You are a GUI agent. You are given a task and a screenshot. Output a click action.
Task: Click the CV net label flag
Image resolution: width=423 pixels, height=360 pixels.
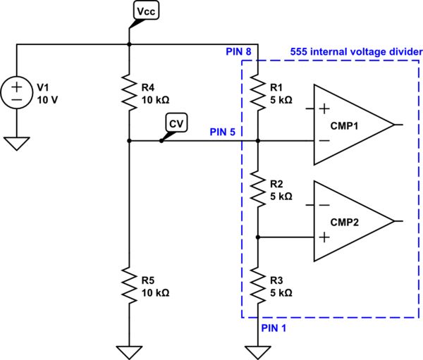[x=175, y=123]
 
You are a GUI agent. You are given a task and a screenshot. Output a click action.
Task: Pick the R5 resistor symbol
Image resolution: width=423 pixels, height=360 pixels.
[x=129, y=286]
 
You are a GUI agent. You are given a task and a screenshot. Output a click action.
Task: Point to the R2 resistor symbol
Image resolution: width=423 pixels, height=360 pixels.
[x=258, y=190]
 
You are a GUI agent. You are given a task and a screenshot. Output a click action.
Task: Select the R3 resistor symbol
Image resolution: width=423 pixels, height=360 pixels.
[x=258, y=286]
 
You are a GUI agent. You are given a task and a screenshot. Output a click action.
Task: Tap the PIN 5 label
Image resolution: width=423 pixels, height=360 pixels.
[x=224, y=132]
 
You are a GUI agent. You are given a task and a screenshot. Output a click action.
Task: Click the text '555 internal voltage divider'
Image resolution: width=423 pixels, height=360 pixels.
[x=356, y=52]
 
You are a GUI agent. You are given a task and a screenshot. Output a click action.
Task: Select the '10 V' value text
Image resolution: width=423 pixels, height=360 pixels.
[x=49, y=100]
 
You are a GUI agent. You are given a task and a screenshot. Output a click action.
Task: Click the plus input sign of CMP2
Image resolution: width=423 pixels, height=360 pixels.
[x=324, y=237]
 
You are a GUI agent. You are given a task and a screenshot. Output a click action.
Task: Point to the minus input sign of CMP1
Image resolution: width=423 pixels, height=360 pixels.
[x=324, y=140]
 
